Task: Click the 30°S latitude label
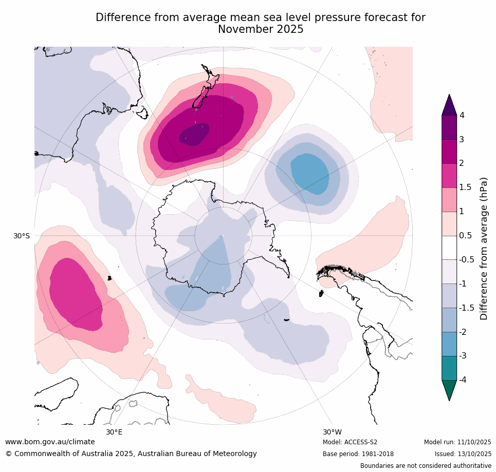[22, 236]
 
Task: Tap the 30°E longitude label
[114, 432]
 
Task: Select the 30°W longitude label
[332, 432]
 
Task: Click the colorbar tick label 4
[462, 115]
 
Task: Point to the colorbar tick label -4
[464, 380]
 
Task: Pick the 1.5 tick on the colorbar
[466, 187]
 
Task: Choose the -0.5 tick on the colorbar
[467, 259]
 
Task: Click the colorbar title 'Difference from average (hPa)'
[484, 249]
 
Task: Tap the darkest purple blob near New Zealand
[194, 135]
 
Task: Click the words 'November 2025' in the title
[261, 29]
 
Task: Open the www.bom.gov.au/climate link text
[50, 442]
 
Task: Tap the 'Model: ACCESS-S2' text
[350, 442]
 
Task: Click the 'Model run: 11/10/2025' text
[457, 442]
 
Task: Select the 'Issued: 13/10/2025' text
[463, 454]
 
